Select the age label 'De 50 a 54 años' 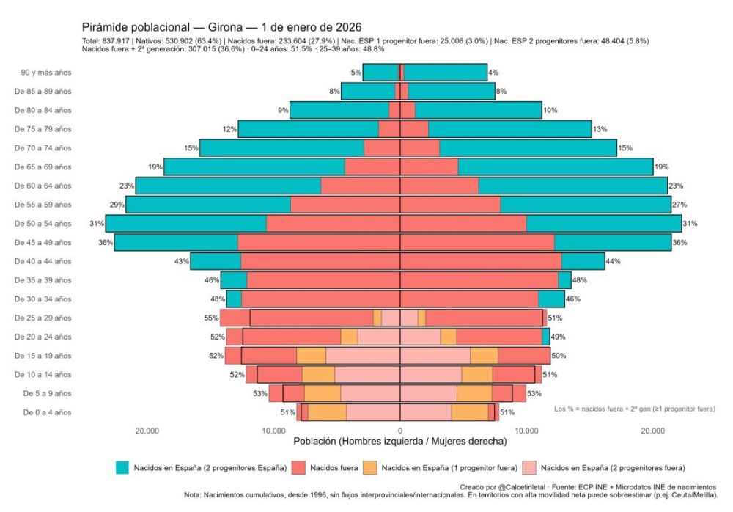pos(43,223)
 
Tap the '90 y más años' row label pos(46,72)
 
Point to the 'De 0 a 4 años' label pos(43,412)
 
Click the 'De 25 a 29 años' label pos(43,318)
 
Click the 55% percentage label pos(211,318)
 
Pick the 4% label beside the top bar pos(493,72)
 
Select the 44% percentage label pos(613,261)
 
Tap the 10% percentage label pos(550,110)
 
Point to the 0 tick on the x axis pos(399,431)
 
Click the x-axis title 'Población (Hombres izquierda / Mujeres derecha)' pos(399,442)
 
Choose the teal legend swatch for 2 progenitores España pos(122,467)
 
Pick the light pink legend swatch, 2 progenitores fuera pos(531,467)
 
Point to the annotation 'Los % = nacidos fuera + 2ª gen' pos(635,408)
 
